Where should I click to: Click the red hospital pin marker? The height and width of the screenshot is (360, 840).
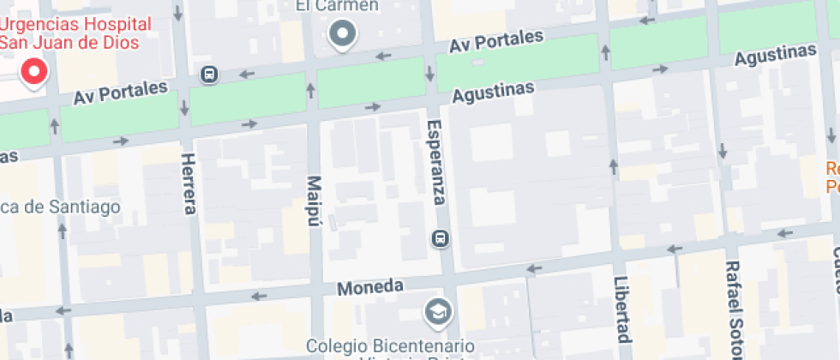[34, 73]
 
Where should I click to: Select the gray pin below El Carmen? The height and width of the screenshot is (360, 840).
[344, 34]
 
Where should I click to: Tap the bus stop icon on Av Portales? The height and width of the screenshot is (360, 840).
[208, 75]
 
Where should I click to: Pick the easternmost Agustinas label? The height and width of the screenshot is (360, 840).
[775, 55]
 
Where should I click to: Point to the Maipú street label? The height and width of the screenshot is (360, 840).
[312, 201]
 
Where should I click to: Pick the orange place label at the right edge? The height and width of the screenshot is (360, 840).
[831, 177]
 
